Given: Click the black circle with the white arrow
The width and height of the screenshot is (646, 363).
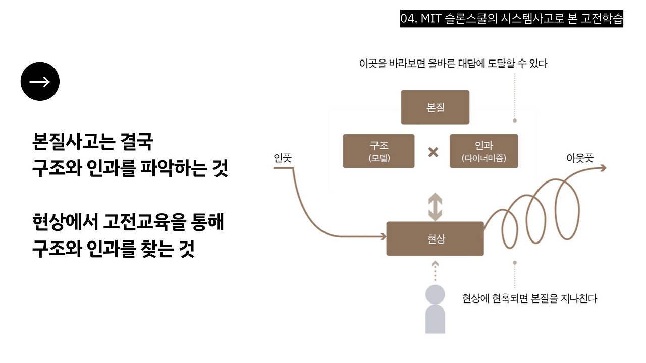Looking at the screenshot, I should point(40,82).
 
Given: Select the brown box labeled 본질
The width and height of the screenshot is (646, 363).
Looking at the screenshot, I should point(435,107).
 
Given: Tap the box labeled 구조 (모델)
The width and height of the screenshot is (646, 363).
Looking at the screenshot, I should point(379,151).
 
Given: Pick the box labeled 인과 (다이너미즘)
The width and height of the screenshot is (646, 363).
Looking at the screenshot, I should point(483,151).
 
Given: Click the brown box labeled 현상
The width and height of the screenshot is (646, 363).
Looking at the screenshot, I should point(435,238).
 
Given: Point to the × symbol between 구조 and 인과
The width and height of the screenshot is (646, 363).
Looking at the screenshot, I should point(433,152).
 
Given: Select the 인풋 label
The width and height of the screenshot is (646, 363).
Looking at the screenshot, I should point(283,158).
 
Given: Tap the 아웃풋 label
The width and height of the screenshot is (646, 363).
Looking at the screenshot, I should point(580,158).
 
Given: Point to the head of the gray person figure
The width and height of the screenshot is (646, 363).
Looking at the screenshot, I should point(435,294).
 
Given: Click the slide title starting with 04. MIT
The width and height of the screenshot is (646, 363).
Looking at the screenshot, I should point(512,19).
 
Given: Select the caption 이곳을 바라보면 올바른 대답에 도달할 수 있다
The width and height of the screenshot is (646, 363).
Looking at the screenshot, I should point(453,64).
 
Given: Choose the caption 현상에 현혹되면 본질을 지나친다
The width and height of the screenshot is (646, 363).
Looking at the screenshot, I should point(529,298).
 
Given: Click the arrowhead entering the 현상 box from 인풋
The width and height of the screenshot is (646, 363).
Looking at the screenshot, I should point(382,236).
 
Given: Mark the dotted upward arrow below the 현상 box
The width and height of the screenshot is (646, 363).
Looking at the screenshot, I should point(435,272).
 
